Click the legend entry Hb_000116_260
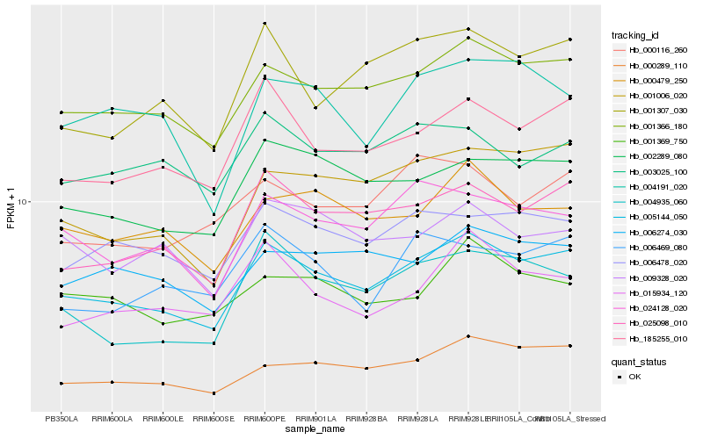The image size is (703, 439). coord(657,50)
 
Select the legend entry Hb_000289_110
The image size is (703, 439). coord(657,66)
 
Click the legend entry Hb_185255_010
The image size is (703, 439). coord(657,338)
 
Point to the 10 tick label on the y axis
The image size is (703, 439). coord(25,202)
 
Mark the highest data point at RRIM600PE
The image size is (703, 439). coord(265,24)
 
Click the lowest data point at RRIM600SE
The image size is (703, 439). coord(214,392)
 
